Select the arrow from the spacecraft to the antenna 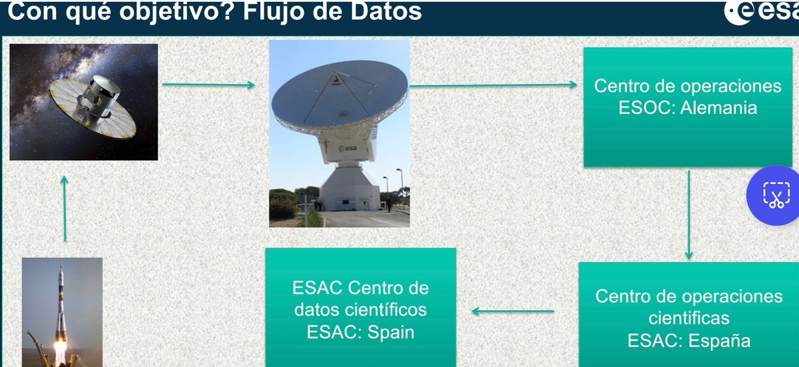tap(208, 85)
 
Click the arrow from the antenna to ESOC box tap(493, 85)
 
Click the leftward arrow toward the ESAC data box tap(513, 311)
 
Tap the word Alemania tap(719, 107)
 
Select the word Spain tap(388, 332)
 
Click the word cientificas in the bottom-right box tap(688, 318)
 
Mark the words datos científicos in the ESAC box tap(360, 310)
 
